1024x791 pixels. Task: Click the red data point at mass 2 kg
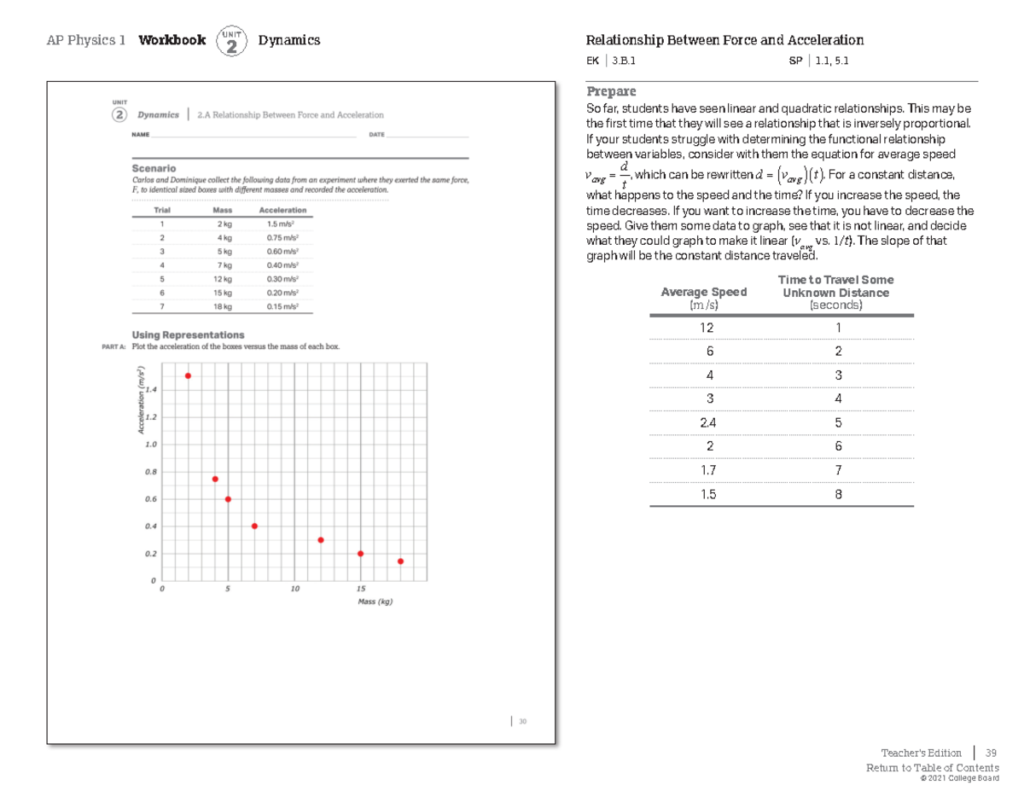(x=188, y=375)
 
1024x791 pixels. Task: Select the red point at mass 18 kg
(x=400, y=561)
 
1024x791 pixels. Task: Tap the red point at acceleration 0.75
(x=215, y=479)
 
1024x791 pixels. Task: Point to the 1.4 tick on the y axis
(x=151, y=389)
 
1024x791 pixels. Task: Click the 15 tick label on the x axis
(x=360, y=590)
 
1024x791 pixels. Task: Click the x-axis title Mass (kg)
(x=375, y=602)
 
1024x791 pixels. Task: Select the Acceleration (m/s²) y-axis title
(x=143, y=399)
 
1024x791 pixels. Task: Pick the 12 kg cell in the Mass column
(x=222, y=279)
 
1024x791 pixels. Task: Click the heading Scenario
(x=154, y=169)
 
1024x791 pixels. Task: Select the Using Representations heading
(x=188, y=334)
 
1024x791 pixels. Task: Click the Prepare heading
(x=610, y=91)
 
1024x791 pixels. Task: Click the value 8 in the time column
(x=838, y=494)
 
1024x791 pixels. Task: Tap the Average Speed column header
(x=703, y=292)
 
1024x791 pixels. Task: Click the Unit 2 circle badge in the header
(x=231, y=41)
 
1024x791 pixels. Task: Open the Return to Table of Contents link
(x=932, y=768)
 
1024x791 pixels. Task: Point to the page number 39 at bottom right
(x=991, y=753)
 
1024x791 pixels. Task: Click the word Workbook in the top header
(x=172, y=40)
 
